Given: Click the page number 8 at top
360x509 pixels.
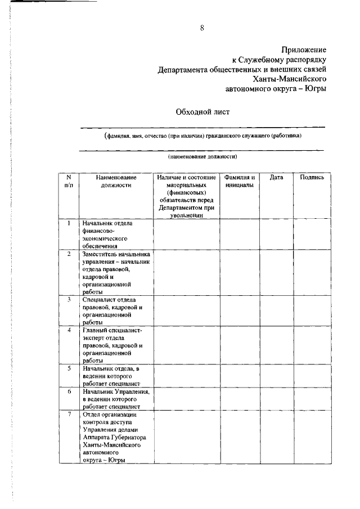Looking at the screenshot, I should (202, 29).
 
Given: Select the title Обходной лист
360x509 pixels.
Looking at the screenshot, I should (203, 112).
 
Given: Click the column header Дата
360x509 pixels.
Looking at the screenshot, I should (276, 177).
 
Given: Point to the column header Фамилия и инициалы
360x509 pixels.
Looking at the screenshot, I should (240, 181).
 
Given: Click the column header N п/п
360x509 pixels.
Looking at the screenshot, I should (69, 181).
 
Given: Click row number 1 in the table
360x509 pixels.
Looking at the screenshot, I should (69, 223).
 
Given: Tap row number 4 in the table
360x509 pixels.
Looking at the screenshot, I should (69, 330).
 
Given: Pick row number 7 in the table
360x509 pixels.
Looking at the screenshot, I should (69, 414).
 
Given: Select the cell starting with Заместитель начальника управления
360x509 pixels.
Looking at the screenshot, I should (116, 273).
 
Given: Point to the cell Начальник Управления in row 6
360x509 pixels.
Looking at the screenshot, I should (115, 399).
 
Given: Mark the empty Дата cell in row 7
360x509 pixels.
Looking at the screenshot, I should (276, 437).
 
